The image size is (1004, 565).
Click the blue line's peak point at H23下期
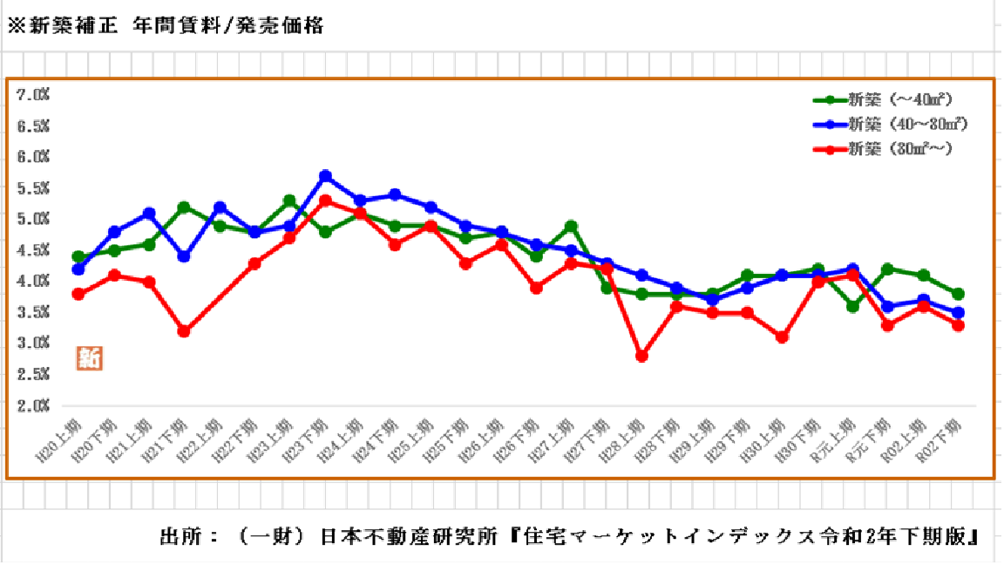tap(325, 176)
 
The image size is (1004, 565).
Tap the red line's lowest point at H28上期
tap(642, 356)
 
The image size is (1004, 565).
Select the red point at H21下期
tap(184, 331)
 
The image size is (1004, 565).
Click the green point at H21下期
tap(184, 208)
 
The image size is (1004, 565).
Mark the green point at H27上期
tap(572, 227)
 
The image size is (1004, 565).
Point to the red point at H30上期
tap(783, 337)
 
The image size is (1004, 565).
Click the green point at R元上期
tap(853, 306)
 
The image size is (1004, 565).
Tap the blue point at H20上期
tap(78, 269)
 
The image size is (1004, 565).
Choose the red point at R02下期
tap(959, 325)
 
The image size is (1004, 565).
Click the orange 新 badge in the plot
tap(89, 357)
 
